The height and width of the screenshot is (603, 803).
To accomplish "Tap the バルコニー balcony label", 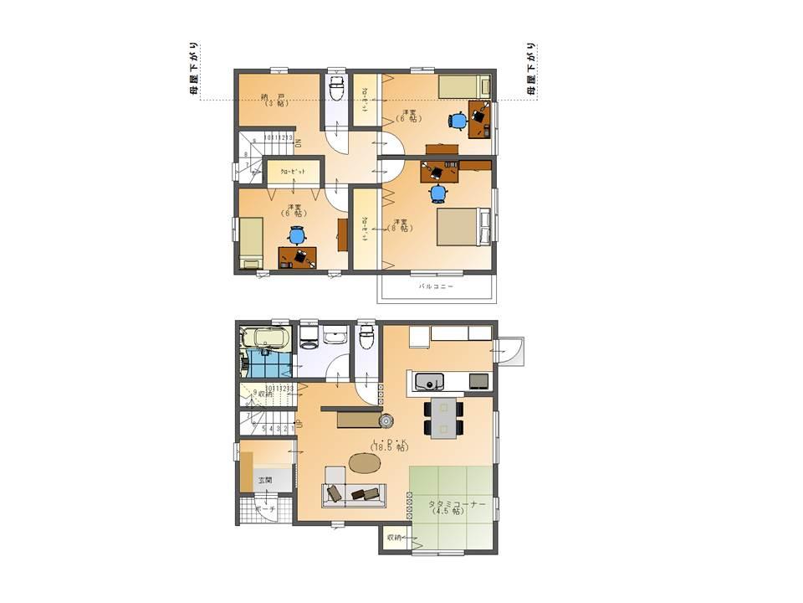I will coord(436,286).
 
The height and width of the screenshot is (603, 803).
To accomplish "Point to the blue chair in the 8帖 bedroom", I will coord(439,194).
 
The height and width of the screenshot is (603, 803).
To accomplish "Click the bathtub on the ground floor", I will coord(265,341).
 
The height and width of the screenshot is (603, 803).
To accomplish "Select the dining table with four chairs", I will coord(442,416).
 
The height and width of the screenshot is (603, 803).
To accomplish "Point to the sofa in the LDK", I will coord(354,494).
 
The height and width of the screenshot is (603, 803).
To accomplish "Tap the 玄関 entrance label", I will coord(265,481).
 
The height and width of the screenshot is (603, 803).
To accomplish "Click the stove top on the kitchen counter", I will coord(479,382).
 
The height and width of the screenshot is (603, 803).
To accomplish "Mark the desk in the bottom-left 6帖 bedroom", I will coord(298,257).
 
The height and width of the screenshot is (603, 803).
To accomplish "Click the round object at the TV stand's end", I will coord(386,420).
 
